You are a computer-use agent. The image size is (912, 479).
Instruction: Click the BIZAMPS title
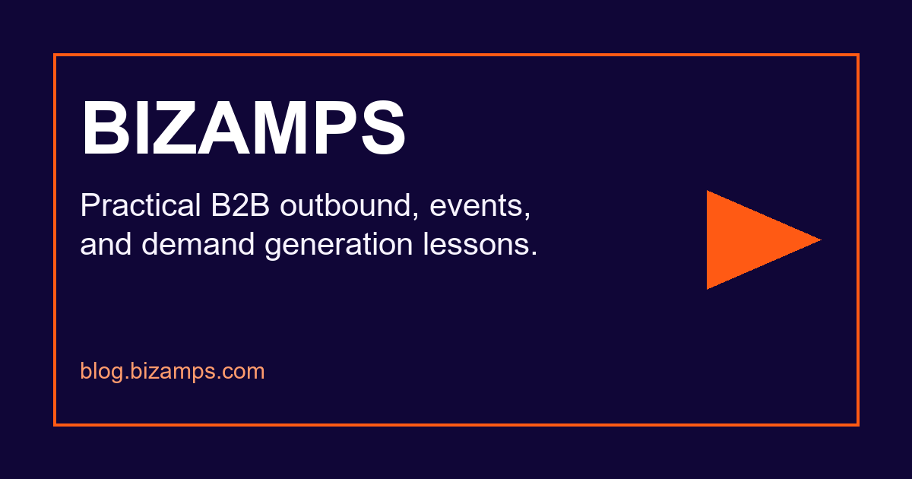coord(243,128)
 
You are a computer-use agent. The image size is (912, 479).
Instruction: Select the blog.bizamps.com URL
coord(173,371)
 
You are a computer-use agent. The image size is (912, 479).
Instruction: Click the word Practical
coord(141,205)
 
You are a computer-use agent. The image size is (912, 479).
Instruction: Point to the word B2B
coord(240,205)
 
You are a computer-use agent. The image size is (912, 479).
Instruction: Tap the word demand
coord(198,244)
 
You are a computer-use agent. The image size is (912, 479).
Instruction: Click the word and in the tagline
coord(106,244)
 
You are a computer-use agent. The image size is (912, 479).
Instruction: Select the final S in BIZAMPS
coord(383,128)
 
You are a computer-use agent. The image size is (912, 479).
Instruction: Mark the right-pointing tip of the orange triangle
coord(821,240)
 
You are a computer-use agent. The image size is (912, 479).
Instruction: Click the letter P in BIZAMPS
coord(336,128)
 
